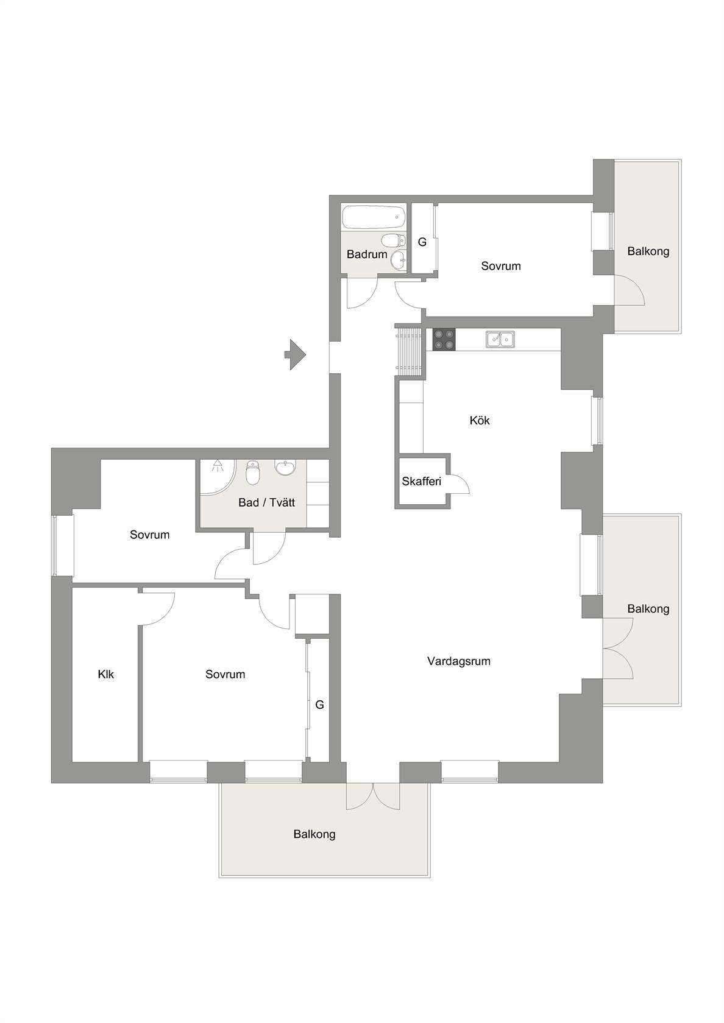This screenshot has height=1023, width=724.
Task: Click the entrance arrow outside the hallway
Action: (295, 354)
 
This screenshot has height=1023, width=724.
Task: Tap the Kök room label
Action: (480, 420)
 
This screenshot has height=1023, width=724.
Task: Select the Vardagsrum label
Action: (459, 661)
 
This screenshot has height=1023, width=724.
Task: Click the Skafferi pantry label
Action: (422, 481)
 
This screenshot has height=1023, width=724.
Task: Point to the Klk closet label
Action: (105, 674)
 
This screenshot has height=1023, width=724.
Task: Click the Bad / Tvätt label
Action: (266, 502)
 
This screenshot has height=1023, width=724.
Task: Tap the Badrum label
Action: (367, 254)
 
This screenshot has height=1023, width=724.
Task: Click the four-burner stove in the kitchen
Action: (444, 340)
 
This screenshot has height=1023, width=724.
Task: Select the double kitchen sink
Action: (500, 339)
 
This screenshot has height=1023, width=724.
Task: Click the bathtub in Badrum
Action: (374, 217)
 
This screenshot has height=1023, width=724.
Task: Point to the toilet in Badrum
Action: (394, 240)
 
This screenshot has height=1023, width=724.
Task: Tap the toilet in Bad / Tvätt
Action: (253, 473)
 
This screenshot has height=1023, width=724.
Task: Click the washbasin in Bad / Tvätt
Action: (285, 467)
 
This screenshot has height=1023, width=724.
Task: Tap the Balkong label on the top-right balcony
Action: (648, 251)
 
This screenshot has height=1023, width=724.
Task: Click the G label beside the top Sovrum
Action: (422, 242)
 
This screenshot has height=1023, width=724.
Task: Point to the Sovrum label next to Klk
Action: (225, 674)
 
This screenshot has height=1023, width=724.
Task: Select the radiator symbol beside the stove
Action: (409, 350)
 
